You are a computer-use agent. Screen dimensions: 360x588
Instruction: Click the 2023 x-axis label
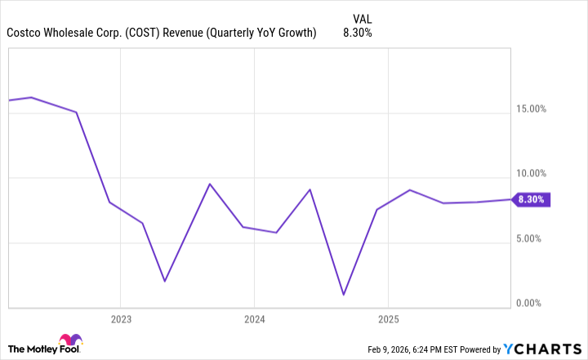point(120,318)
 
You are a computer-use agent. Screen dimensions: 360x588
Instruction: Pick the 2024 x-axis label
point(254,318)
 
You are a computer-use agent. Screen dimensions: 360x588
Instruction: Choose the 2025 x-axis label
point(388,318)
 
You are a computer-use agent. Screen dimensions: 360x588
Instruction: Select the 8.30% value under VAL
point(357,33)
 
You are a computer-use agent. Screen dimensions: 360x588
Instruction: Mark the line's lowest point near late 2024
point(344,295)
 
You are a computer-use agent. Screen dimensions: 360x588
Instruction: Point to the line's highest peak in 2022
point(31,97)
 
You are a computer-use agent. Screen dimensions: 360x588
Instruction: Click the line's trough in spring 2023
point(165,281)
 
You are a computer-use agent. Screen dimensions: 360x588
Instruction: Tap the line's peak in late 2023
point(210,184)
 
